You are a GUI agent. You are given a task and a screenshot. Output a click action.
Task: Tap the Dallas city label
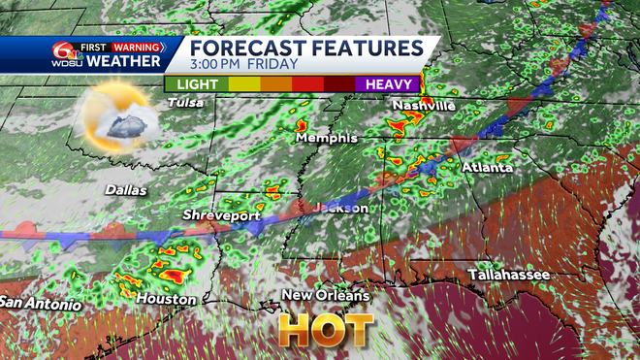[x=125, y=190]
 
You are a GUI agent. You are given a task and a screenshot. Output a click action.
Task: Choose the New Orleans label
[x=326, y=295]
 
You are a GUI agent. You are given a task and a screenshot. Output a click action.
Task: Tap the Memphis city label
[x=327, y=139]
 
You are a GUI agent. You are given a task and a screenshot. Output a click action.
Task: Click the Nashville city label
[x=423, y=105]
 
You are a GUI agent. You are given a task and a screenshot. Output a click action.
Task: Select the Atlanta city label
[x=488, y=167]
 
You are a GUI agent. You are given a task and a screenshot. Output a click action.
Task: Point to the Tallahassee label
[x=509, y=276]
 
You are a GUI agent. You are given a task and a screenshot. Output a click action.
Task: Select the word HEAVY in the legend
[x=389, y=84]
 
